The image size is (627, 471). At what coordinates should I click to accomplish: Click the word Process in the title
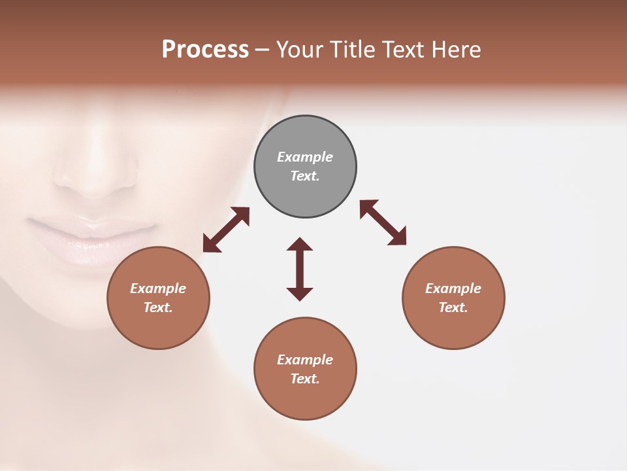(205, 50)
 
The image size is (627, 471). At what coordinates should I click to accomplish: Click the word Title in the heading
(354, 50)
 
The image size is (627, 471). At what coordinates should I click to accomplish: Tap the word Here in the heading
(457, 50)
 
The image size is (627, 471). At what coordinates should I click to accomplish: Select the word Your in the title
(299, 50)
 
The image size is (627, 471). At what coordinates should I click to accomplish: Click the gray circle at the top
(305, 137)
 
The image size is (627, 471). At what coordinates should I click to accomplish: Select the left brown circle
(158, 327)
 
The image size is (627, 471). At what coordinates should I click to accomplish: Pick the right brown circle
(453, 327)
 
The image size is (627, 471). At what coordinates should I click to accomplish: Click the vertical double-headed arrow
(300, 269)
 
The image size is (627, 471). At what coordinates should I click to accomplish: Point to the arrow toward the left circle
(226, 230)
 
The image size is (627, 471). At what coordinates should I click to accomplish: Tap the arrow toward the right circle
(383, 222)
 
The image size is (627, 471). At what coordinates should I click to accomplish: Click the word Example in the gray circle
(305, 157)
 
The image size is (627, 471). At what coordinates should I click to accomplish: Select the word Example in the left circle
(158, 288)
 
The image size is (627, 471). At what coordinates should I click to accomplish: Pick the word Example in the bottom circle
(305, 360)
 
